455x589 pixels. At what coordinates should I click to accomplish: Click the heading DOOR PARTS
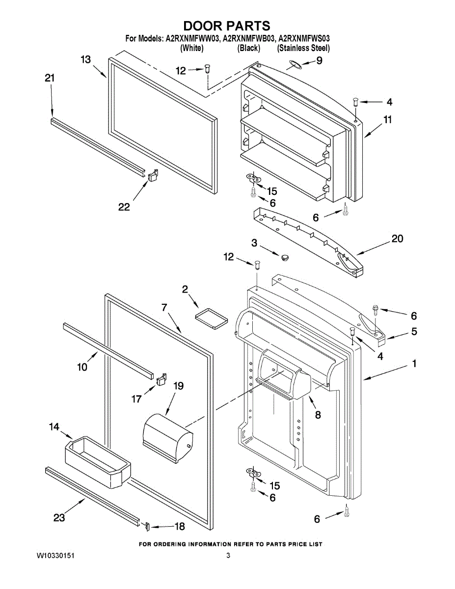pyautogui.click(x=227, y=26)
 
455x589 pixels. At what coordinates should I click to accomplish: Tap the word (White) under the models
pyautogui.click(x=192, y=48)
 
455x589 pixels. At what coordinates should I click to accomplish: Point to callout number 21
pyautogui.click(x=50, y=78)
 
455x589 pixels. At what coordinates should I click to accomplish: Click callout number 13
pyautogui.click(x=85, y=59)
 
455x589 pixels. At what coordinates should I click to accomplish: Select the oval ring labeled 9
pyautogui.click(x=294, y=64)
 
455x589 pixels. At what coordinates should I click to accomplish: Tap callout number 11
pyautogui.click(x=387, y=119)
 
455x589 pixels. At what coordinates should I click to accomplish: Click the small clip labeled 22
pyautogui.click(x=152, y=174)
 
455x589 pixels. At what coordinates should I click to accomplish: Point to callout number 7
pyautogui.click(x=165, y=308)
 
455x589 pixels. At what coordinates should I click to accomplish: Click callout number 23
pyautogui.click(x=59, y=517)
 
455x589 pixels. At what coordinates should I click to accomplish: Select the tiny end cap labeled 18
pyautogui.click(x=145, y=526)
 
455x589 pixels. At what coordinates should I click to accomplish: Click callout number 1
pyautogui.click(x=414, y=364)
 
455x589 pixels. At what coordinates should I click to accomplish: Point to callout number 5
pyautogui.click(x=414, y=331)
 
